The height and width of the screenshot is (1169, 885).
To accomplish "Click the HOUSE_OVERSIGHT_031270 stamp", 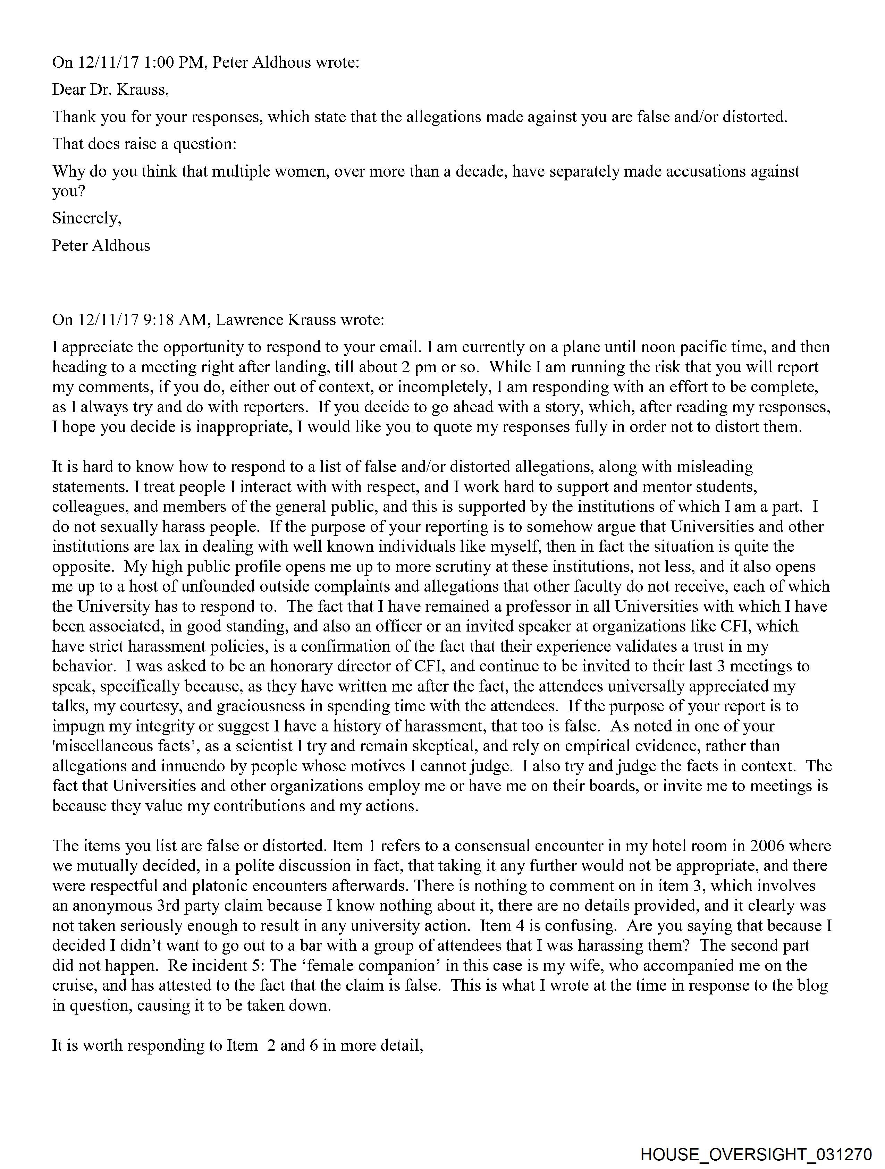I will click(756, 1154).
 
